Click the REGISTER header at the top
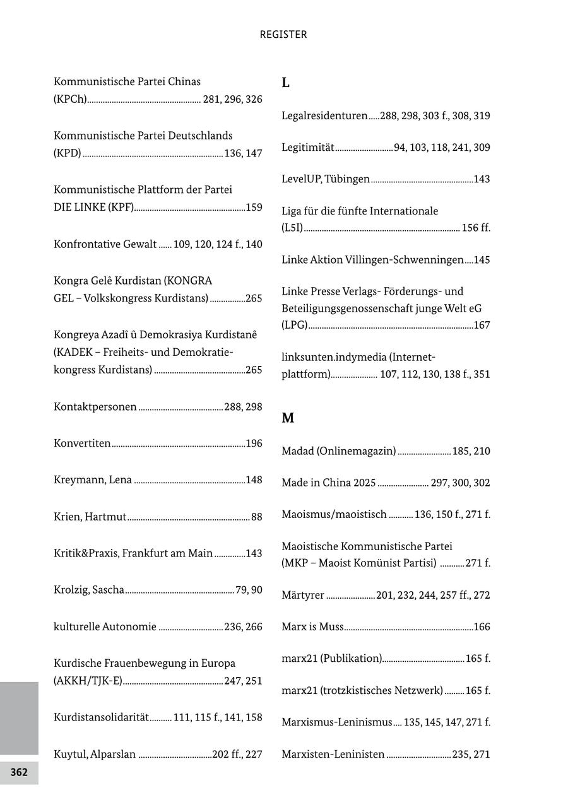pyautogui.click(x=283, y=35)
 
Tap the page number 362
pyautogui.click(x=19, y=772)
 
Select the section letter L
pyautogui.click(x=285, y=83)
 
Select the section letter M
pyautogui.click(x=288, y=418)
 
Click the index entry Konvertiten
pyautogui.click(x=82, y=444)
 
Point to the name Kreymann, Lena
pyautogui.click(x=93, y=480)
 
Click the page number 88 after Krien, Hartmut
pyautogui.click(x=256, y=517)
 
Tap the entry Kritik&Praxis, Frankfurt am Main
pyautogui.click(x=133, y=553)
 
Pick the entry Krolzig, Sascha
pyautogui.click(x=89, y=590)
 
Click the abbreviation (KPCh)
pyautogui.click(x=70, y=99)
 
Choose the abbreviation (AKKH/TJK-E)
pyautogui.click(x=88, y=681)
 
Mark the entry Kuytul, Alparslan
pyautogui.click(x=95, y=754)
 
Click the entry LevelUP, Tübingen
pyautogui.click(x=326, y=179)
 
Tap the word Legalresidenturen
pyautogui.click(x=324, y=115)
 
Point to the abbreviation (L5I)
pyautogui.click(x=292, y=228)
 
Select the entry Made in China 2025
pyautogui.click(x=329, y=483)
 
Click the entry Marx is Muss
pyautogui.click(x=312, y=626)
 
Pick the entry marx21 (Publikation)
pyautogui.click(x=332, y=658)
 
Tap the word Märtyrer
pyautogui.click(x=303, y=595)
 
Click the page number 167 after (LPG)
pyautogui.click(x=482, y=326)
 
